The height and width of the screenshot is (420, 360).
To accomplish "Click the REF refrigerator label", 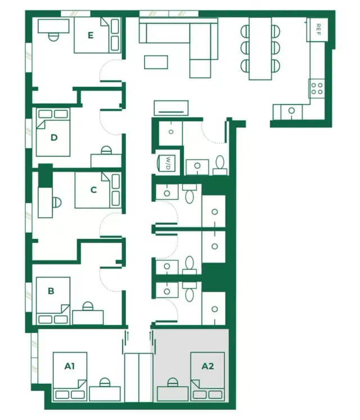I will pos(318,27).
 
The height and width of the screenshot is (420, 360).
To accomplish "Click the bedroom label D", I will pos(55,137).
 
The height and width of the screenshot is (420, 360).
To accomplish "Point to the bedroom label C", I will pos(93,190).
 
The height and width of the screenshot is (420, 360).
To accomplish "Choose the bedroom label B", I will pos(51,291).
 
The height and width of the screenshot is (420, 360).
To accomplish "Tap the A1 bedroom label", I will pos(69,367).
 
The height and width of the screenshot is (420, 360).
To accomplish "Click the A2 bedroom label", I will pos(208,367).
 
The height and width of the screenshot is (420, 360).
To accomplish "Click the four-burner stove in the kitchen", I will pos(317,88).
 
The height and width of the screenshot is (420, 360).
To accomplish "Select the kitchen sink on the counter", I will pos(291,111).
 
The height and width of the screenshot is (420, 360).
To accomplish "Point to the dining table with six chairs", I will pos(260,48).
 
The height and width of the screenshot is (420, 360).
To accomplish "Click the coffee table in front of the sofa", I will pos(156,61).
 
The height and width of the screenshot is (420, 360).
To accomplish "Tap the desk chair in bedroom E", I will pos(53,35).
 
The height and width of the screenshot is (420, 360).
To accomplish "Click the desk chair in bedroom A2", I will pos(172,383).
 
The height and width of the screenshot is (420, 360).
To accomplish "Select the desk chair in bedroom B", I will pos(88,306).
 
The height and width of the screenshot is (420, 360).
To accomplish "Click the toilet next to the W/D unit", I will pos(220,164).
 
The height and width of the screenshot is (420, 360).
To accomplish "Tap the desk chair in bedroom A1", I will pos(104,383).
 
